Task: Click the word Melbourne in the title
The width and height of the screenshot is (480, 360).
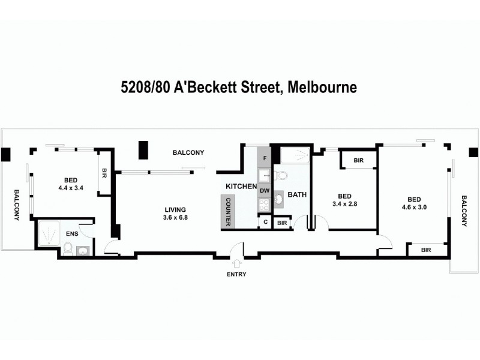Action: [x=322, y=88]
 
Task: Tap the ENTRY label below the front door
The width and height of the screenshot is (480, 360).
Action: [x=236, y=274]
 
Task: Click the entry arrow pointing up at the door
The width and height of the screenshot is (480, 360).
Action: [x=236, y=263]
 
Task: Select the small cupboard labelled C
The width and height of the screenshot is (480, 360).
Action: [x=265, y=222]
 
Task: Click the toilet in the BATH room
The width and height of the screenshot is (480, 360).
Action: [x=281, y=176]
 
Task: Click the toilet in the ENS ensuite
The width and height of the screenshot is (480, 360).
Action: [x=68, y=248]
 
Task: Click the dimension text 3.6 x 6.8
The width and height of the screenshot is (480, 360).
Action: [x=175, y=217]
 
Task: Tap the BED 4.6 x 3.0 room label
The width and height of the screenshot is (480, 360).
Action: [x=414, y=204]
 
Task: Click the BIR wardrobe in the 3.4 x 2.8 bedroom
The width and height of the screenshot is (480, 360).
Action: [x=359, y=161]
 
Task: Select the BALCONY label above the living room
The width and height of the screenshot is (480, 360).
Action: [x=188, y=152]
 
